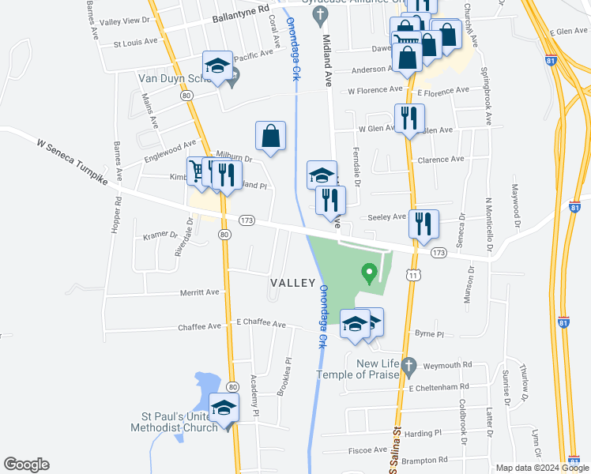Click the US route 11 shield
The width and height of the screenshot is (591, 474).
click(x=412, y=274)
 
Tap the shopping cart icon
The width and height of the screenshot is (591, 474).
click(x=198, y=171)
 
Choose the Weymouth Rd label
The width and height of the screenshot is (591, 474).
click(x=446, y=364)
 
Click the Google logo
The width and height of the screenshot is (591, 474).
click(x=26, y=465)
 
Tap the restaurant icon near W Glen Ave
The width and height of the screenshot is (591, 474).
click(x=408, y=119)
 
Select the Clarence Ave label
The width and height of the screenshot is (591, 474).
click(x=440, y=159)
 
